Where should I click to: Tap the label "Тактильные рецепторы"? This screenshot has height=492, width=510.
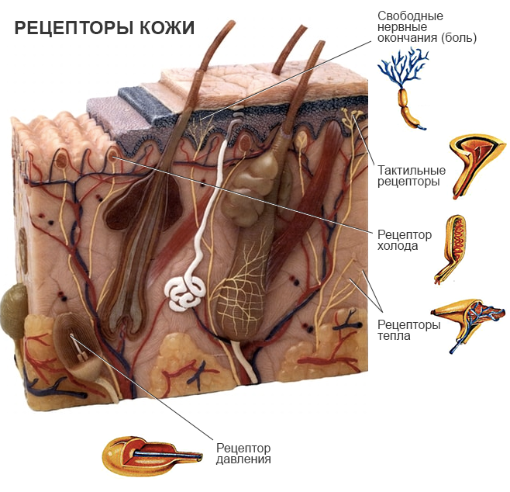[411, 176]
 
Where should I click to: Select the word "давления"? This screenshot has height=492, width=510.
[243, 459]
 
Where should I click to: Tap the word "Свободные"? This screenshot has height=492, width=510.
[410, 16]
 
